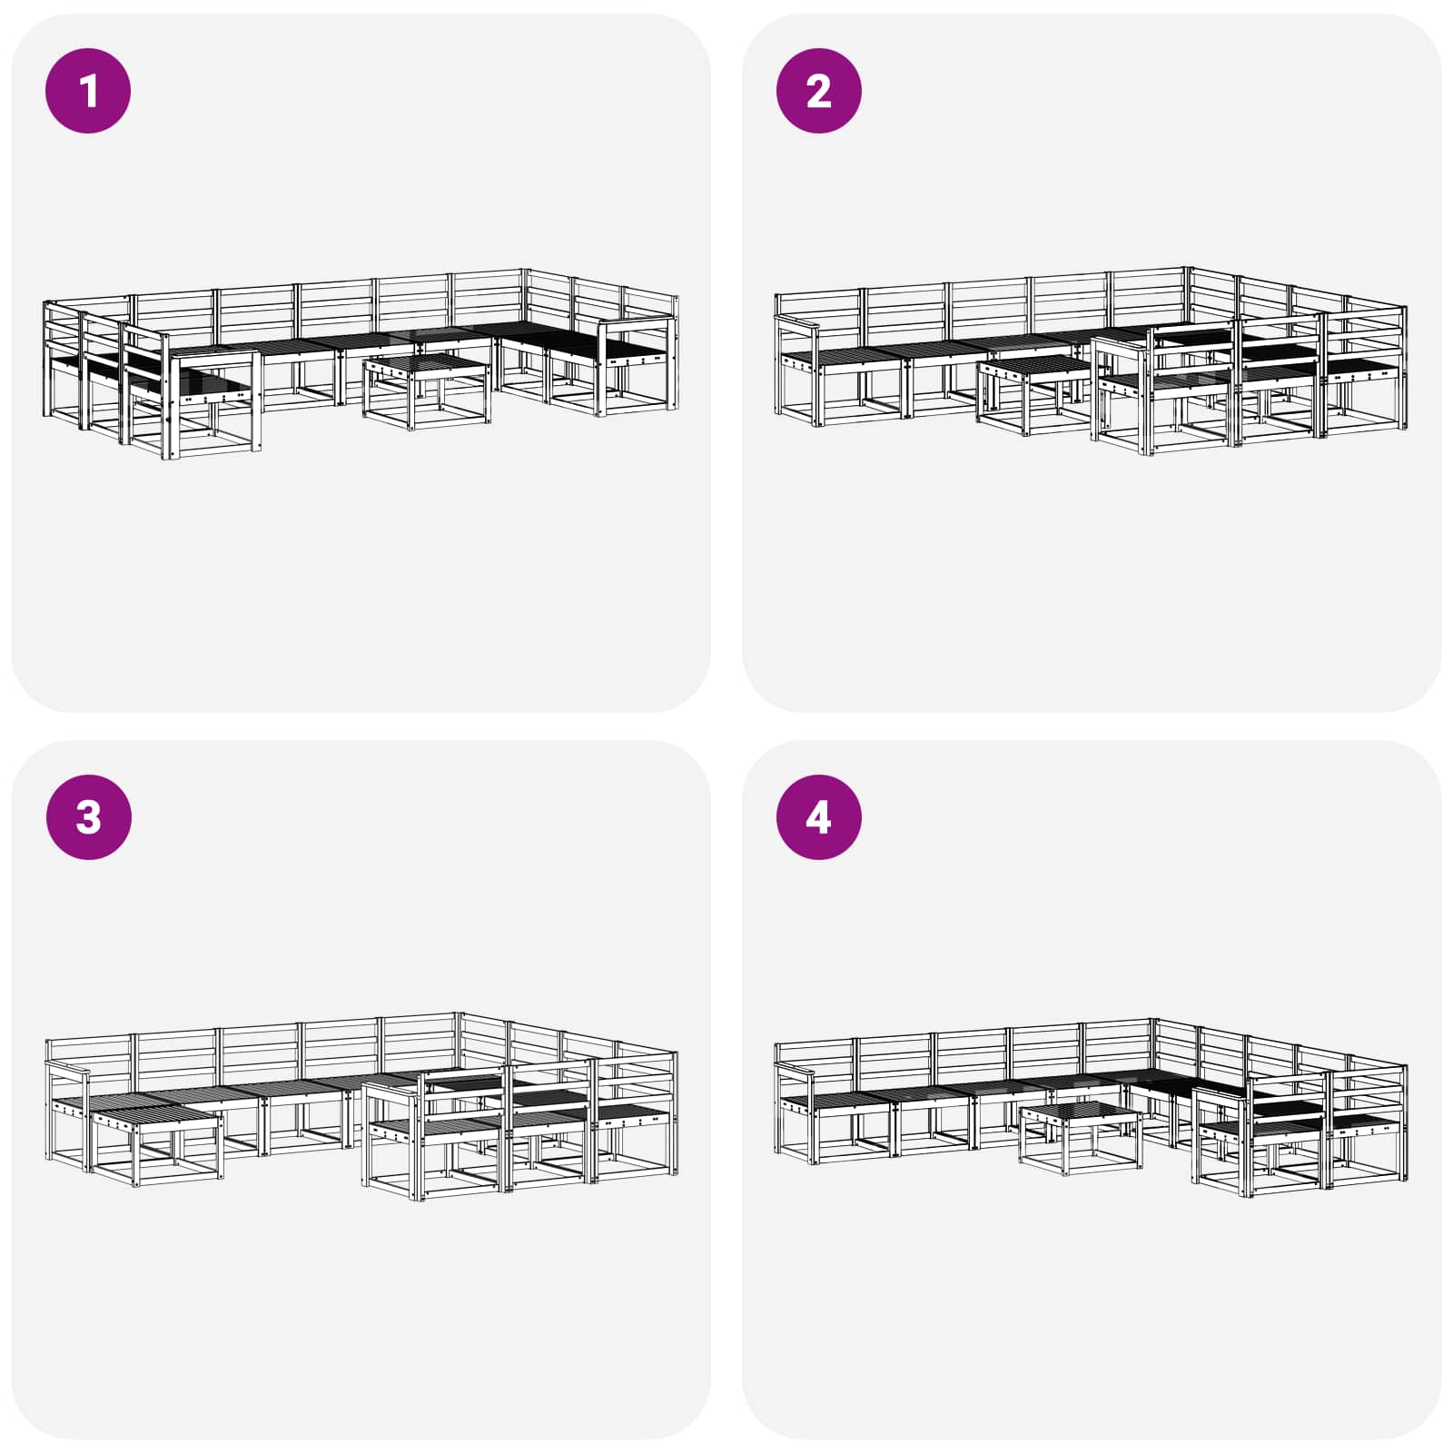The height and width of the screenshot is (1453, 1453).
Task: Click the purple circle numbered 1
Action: click(88, 91)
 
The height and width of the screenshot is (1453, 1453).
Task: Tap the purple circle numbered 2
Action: click(818, 91)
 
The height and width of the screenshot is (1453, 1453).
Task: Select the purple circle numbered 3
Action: click(88, 816)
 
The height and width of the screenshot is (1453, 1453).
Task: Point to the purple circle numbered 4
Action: click(818, 816)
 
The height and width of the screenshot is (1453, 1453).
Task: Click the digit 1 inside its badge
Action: click(88, 91)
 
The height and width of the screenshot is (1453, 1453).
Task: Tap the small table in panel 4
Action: click(1081, 1135)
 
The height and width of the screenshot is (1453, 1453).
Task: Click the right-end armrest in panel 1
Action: click(636, 324)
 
